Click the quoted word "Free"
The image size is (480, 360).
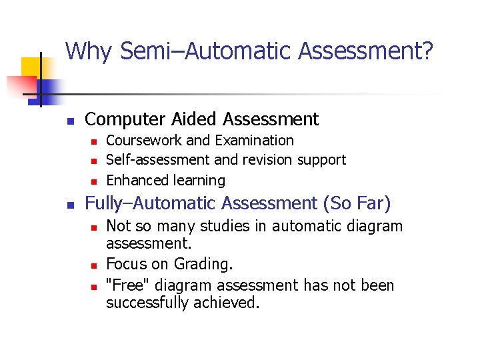(x=127, y=285)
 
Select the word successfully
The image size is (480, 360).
(x=147, y=303)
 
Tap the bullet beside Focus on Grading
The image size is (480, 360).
(x=94, y=266)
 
